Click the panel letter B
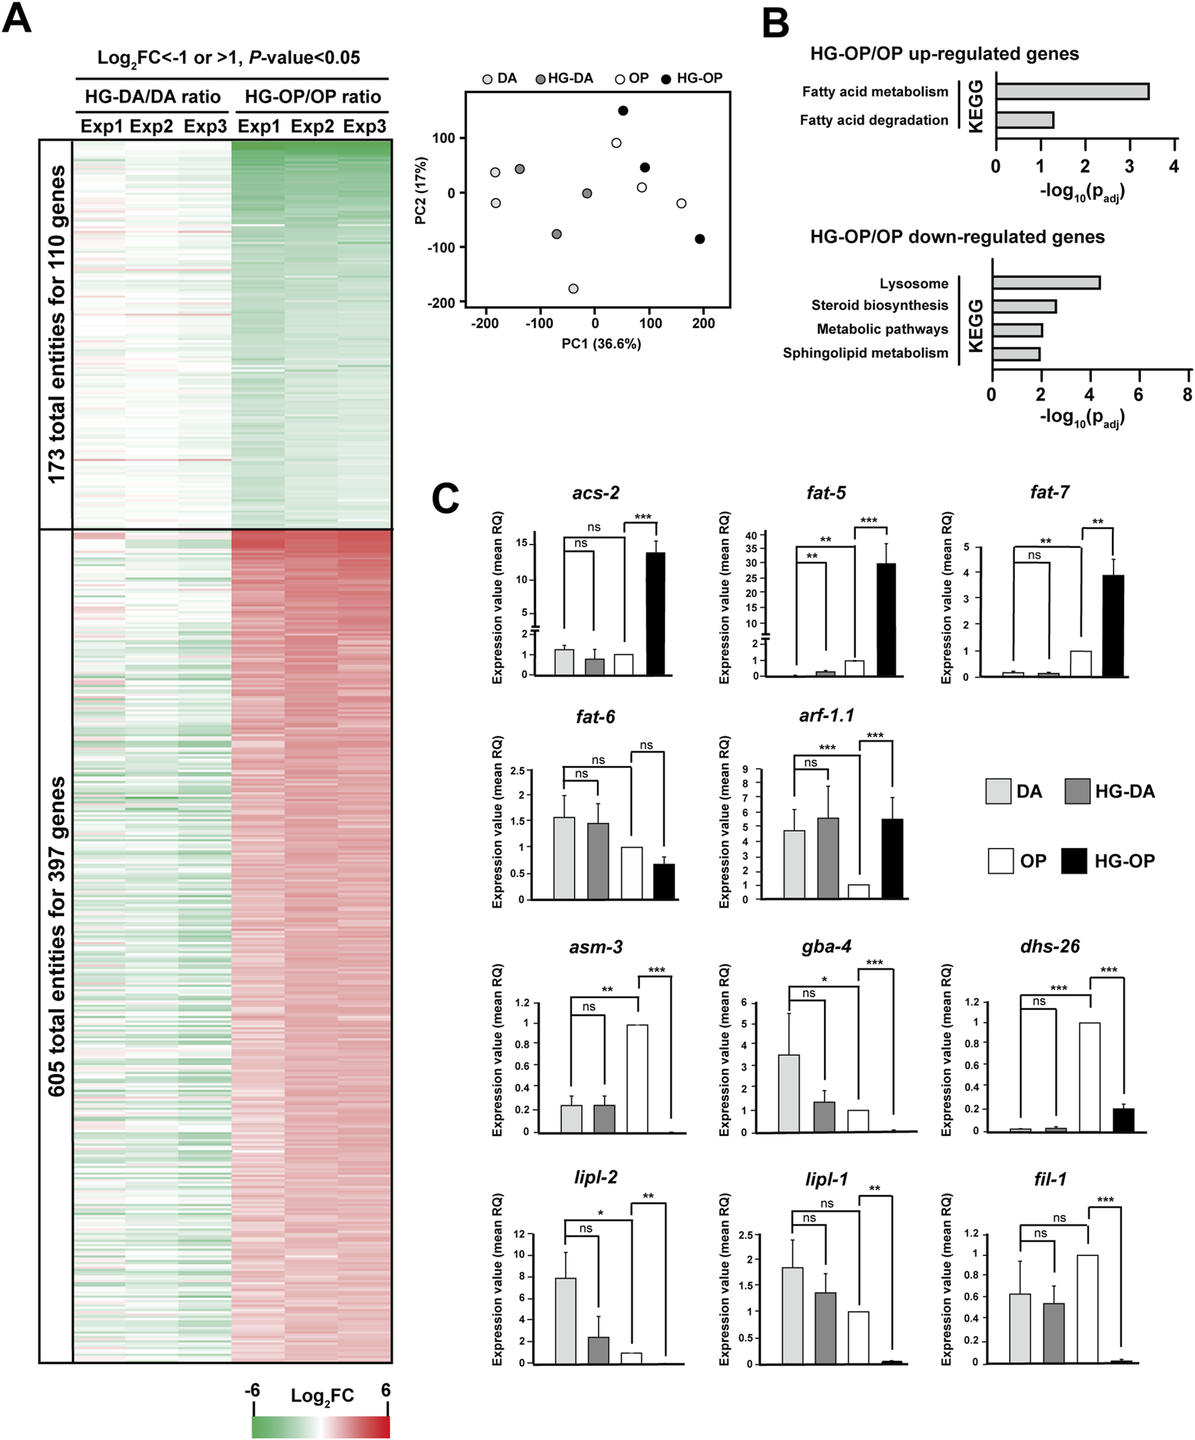click(776, 23)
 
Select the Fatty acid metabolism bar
click(1072, 91)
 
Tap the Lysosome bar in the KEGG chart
click(1045, 283)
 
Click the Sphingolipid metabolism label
click(865, 353)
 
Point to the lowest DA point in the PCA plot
click(573, 289)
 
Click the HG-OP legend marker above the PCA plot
click(666, 79)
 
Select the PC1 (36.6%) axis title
click(601, 343)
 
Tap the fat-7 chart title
click(1049, 492)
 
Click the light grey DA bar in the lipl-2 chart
click(566, 1321)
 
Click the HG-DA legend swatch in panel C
click(1078, 791)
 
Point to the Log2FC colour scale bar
click(320, 1427)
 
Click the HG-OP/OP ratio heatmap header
click(313, 96)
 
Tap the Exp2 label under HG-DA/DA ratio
click(152, 127)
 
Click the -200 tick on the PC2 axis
click(441, 303)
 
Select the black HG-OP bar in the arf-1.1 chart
click(892, 859)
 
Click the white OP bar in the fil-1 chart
click(1087, 1309)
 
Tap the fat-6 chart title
click(595, 717)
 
